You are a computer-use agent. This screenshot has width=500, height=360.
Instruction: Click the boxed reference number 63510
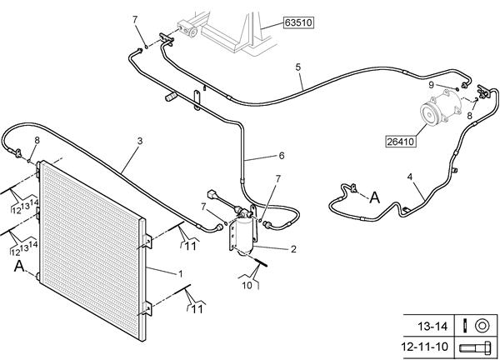[x=298, y=23]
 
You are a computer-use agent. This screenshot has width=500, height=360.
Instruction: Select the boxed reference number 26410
[x=401, y=142]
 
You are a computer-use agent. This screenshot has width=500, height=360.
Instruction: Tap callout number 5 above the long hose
[x=298, y=67]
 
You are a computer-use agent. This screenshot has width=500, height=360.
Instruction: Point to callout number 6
[x=282, y=156]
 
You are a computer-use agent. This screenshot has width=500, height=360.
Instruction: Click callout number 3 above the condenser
[x=140, y=141]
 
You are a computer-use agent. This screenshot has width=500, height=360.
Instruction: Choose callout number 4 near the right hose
[x=410, y=177]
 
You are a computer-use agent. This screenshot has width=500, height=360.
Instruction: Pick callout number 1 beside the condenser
[x=181, y=274]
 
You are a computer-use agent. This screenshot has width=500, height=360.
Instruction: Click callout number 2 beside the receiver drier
[x=293, y=249]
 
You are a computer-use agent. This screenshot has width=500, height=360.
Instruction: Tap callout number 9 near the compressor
[x=431, y=85]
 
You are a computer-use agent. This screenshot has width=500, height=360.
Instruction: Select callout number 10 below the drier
[x=247, y=285]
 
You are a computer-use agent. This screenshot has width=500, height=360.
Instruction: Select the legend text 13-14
[x=432, y=327]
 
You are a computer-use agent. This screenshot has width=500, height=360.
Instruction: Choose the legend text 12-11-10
[x=425, y=347]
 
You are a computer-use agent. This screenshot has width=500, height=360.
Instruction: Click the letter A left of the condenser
[x=19, y=267]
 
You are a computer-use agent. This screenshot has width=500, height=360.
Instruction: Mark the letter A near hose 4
[x=375, y=197]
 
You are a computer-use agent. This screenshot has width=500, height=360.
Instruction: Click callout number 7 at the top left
[x=135, y=20]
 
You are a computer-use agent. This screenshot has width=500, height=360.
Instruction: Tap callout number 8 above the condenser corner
[x=37, y=140]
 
